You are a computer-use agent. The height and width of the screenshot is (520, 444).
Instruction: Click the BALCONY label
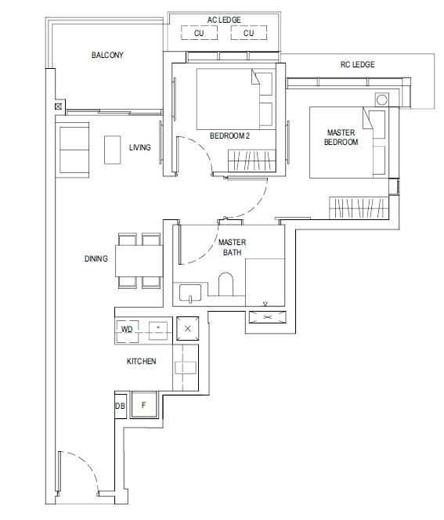coord(107,55)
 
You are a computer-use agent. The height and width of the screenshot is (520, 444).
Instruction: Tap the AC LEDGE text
coord(224,20)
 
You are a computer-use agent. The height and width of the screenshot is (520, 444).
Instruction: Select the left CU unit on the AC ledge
coord(199,33)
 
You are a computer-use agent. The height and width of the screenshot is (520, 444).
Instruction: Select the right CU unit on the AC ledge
coord(249,33)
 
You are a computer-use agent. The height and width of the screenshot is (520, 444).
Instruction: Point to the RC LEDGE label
coord(357,64)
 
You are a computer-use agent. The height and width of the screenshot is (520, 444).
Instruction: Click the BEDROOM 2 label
coord(229,135)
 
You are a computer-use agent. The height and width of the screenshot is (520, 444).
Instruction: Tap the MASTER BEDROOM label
coord(341,137)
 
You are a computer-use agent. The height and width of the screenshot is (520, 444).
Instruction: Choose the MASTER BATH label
coord(232,247)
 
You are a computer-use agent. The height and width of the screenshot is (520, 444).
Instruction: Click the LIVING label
coord(140,147)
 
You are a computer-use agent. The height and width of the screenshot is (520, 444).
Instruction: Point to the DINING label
coord(96,258)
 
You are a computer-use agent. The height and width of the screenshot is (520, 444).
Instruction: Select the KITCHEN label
coord(141,361)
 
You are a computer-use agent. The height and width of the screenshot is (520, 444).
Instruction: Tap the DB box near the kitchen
coord(121,406)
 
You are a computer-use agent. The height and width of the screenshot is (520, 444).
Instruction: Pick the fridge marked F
coord(144,405)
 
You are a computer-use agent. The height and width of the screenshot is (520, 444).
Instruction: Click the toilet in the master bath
coord(226,284)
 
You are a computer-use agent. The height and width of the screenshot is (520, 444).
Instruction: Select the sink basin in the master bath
coord(190,293)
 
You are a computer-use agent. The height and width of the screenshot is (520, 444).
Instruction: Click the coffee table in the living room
coord(113,150)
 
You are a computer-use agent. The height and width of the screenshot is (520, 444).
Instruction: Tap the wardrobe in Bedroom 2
coord(252,161)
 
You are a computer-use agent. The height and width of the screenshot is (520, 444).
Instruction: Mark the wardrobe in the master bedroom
coord(359,208)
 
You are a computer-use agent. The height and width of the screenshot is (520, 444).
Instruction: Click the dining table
coord(139,261)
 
